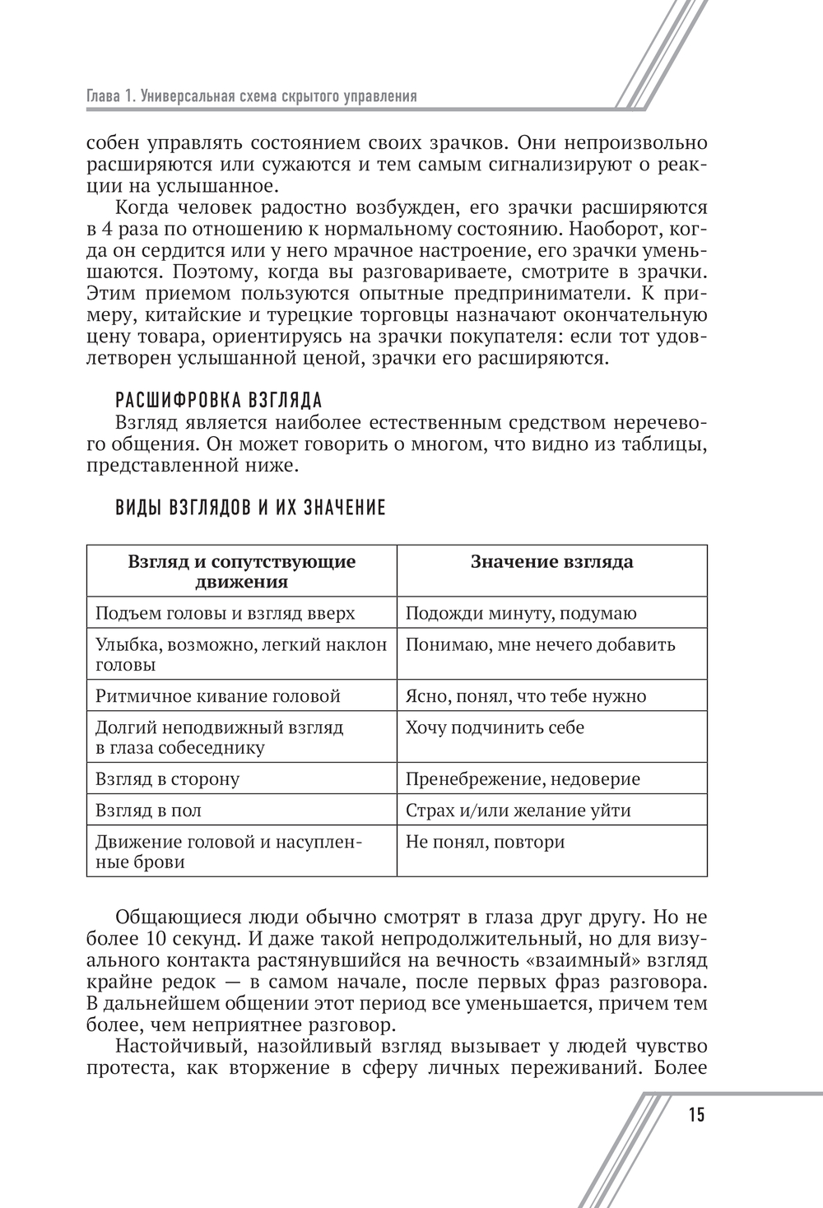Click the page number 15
click(695, 1115)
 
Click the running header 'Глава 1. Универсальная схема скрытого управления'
click(252, 96)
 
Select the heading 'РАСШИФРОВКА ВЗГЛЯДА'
click(219, 401)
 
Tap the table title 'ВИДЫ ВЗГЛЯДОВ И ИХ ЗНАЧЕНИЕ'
click(251, 508)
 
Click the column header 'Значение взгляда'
click(551, 562)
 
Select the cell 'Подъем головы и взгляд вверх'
click(226, 614)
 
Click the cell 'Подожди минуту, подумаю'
click(521, 614)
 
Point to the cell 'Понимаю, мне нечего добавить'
click(541, 645)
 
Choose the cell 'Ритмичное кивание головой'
click(218, 696)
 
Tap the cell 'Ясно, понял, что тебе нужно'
click(526, 696)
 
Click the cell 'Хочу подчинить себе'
click(495, 727)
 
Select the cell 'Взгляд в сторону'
click(168, 779)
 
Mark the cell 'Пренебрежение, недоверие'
click(523, 779)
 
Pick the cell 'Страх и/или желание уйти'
click(518, 811)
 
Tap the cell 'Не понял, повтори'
click(486, 842)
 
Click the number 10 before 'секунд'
click(152, 939)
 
